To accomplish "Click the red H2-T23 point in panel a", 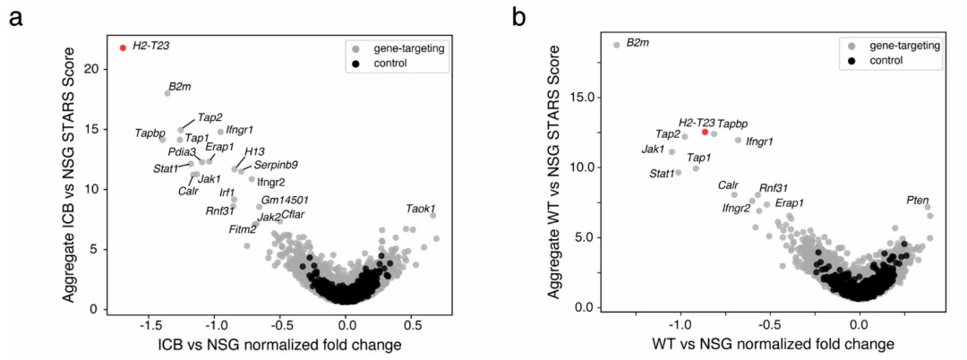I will click(x=123, y=47).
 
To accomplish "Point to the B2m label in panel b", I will click(x=638, y=42).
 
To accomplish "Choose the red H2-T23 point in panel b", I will click(x=706, y=132).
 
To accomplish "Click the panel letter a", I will click(x=14, y=16).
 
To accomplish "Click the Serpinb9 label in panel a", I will click(x=276, y=165).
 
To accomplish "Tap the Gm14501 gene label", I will click(x=285, y=201).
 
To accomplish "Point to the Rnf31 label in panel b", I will click(x=773, y=188).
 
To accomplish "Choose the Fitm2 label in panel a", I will click(x=243, y=230).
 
